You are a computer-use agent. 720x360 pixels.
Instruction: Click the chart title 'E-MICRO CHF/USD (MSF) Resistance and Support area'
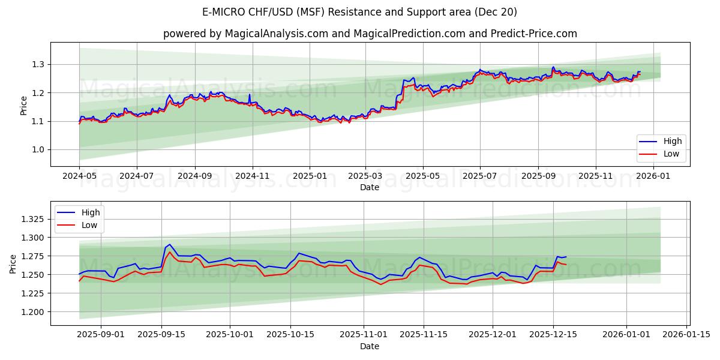pyautogui.click(x=360, y=12)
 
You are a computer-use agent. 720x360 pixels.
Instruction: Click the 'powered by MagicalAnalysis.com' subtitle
pyautogui.click(x=370, y=34)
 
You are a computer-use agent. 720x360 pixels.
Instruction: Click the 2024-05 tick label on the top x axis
pyautogui.click(x=79, y=176)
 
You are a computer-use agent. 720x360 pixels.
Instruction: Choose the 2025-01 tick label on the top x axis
pyautogui.click(x=310, y=176)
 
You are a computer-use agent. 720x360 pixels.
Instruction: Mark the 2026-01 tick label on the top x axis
pyautogui.click(x=653, y=176)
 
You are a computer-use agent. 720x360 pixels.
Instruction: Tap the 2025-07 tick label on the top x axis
pyautogui.click(x=480, y=176)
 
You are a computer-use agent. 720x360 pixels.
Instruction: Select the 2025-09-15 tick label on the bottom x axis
pyautogui.click(x=161, y=335)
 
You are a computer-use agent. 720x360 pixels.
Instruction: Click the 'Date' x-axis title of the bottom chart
pyautogui.click(x=370, y=346)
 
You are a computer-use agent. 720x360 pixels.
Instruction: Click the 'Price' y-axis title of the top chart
pyautogui.click(x=24, y=105)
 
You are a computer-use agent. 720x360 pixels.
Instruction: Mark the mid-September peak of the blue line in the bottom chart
pyautogui.click(x=170, y=244)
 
